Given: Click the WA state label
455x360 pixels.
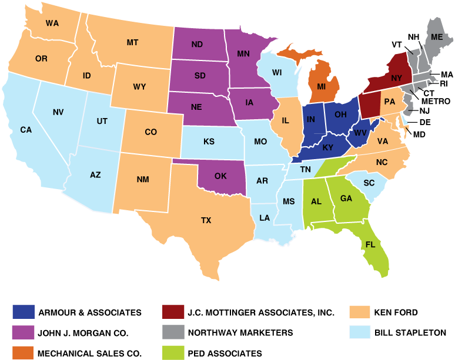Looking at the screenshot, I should point(52,23).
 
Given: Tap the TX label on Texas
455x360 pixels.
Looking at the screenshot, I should point(206,220).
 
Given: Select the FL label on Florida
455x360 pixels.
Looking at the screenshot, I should point(370,244).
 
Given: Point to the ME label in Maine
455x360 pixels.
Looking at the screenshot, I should point(436,36).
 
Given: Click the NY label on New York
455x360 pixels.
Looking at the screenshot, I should point(396,77).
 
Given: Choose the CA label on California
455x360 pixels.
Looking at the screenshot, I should point(26,130).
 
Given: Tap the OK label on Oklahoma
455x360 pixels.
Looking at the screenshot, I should point(220,176).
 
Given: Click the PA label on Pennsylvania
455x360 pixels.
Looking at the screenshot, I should point(389,100).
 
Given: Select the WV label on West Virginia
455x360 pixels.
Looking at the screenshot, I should point(360,133).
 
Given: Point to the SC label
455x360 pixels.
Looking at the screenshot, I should point(369,183).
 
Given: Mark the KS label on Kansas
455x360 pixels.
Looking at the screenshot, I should point(209,142).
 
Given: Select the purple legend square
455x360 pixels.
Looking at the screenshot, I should point(24,332).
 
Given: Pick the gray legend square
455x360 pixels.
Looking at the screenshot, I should point(173,332).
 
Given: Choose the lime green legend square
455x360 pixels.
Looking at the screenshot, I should point(173,352).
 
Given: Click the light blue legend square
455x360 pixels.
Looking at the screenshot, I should point(360,332).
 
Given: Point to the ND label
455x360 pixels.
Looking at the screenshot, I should point(197,44).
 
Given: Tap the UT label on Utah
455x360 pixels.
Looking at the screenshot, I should point(102,121).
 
